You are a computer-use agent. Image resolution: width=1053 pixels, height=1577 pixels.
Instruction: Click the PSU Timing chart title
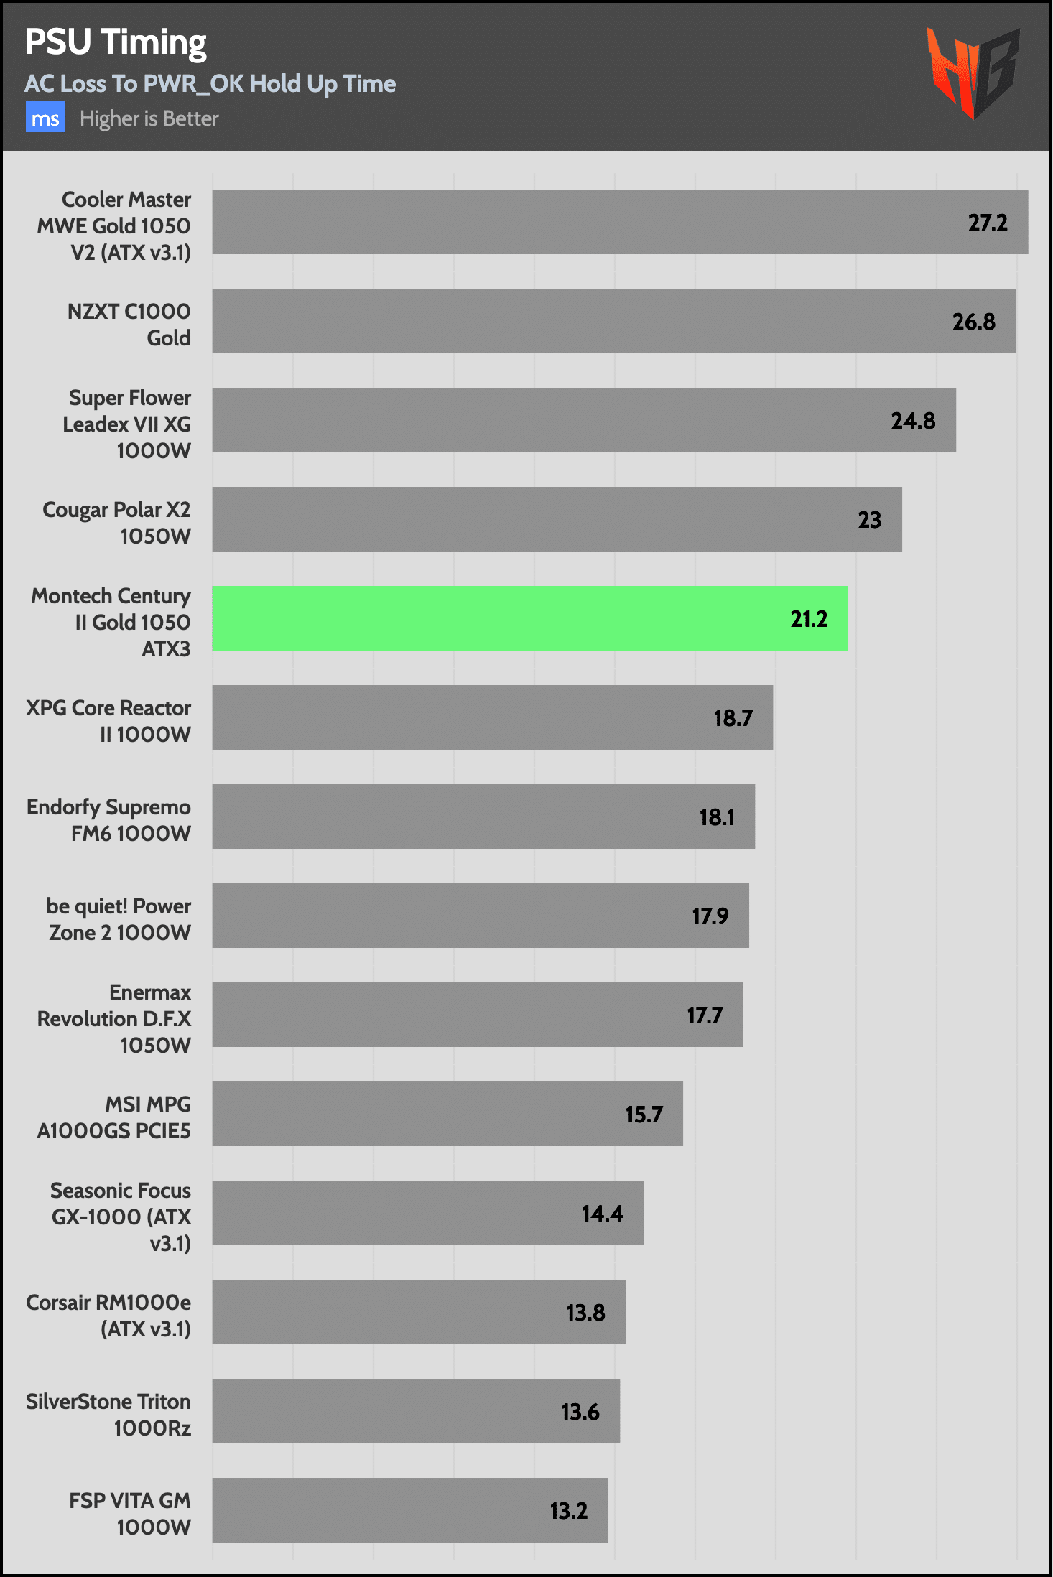(116, 42)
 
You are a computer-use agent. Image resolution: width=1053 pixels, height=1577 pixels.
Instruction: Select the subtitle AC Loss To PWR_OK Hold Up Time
(210, 84)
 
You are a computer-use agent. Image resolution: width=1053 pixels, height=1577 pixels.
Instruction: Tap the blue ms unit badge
(45, 118)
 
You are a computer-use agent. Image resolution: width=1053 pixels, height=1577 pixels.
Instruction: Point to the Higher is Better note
(149, 118)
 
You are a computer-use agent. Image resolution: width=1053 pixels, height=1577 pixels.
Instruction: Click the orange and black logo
(973, 73)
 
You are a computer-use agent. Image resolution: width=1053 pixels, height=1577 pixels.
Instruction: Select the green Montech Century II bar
(529, 618)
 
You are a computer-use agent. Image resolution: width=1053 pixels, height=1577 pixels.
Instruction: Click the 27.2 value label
(987, 223)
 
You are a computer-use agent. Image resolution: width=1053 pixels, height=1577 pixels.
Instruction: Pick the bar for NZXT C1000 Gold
(613, 321)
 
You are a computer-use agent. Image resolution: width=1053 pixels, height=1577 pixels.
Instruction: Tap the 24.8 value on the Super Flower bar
(912, 421)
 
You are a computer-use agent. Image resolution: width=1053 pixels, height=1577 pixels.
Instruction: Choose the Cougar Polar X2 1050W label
(116, 523)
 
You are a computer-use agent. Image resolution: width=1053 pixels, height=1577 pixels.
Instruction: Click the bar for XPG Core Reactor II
(492, 717)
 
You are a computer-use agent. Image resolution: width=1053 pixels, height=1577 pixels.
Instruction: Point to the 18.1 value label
(716, 817)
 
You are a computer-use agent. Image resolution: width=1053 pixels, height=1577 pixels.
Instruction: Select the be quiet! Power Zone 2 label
(119, 919)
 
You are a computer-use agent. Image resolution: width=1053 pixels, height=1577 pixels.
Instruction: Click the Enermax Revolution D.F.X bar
(477, 1015)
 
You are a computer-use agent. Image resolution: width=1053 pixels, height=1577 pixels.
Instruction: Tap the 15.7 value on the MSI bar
(644, 1115)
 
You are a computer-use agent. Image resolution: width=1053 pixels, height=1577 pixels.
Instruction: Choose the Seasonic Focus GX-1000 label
(121, 1217)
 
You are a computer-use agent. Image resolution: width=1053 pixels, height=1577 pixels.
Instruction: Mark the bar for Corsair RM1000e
(419, 1312)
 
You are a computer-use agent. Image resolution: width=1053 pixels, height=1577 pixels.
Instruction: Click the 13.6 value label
(580, 1413)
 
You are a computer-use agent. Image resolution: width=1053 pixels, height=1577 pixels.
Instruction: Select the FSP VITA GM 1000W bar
(409, 1510)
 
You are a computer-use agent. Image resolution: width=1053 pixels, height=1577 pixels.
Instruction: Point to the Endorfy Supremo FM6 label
(108, 820)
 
